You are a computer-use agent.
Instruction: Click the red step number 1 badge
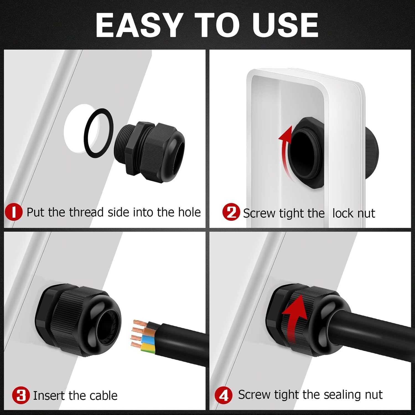click(14, 212)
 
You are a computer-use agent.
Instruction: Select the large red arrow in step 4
click(294, 318)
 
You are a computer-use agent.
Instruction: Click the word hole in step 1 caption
click(189, 212)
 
